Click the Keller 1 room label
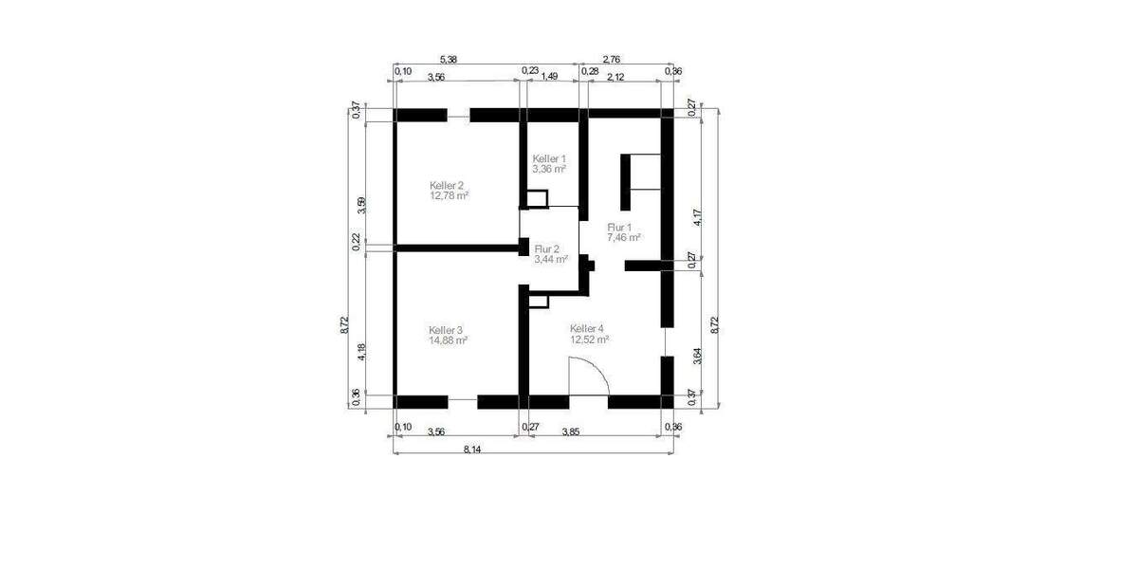coord(549,158)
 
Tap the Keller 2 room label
coord(446,185)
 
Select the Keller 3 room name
coord(446,329)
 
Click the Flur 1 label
coord(620,227)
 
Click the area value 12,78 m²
coord(450,195)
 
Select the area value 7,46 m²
coord(624,237)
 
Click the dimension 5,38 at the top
coord(450,59)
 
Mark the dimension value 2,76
coord(612,59)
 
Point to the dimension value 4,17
coord(698,216)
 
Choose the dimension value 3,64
coord(698,358)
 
